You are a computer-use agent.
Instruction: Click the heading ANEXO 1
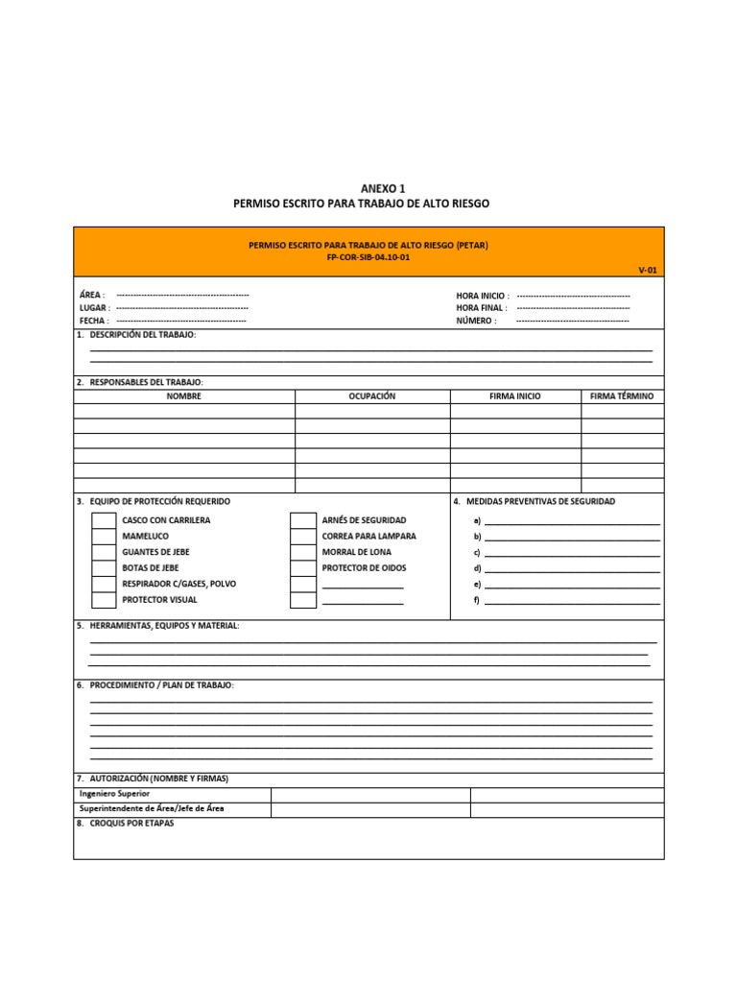368,189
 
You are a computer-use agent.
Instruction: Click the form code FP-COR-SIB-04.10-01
368,257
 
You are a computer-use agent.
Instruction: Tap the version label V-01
648,271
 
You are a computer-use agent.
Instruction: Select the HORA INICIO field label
482,296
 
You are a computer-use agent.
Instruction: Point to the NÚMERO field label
476,321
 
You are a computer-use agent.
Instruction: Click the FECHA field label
93,321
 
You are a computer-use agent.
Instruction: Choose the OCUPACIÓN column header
372,396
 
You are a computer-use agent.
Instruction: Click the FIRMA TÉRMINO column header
622,396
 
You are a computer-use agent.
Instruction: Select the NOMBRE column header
184,396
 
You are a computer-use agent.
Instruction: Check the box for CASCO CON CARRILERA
104,520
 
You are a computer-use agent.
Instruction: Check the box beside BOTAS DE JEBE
104,568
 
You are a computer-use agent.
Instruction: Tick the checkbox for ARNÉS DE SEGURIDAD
303,520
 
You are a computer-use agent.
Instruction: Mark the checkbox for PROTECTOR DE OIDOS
303,568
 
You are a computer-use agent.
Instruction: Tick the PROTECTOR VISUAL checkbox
104,600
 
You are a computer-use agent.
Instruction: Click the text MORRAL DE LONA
357,552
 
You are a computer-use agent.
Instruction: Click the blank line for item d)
572,569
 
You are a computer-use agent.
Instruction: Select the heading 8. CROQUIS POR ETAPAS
126,824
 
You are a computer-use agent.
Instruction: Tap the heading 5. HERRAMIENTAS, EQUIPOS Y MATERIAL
158,626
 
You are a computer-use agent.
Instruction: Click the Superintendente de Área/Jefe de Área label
152,809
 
